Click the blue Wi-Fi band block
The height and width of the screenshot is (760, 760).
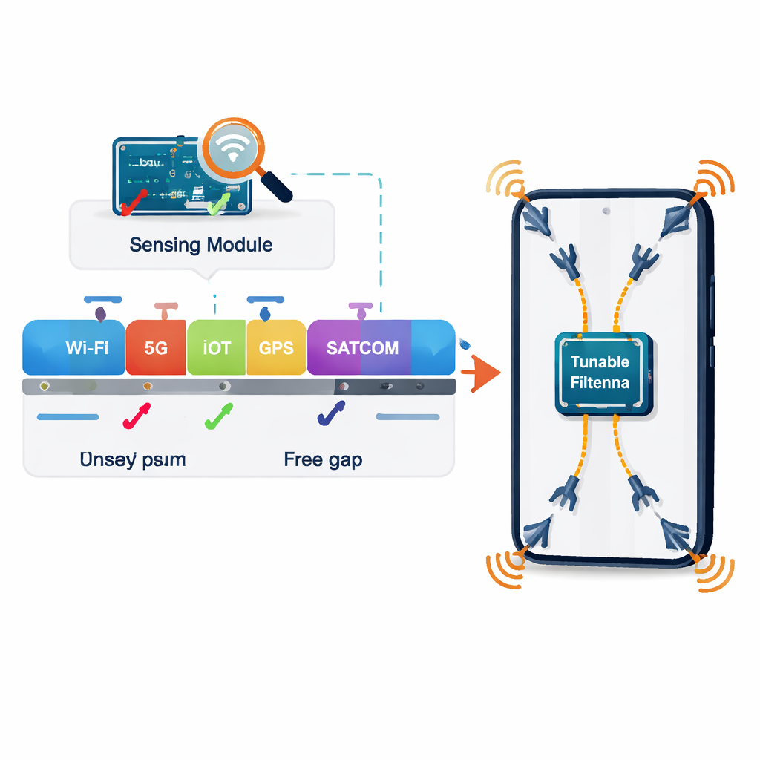click(x=74, y=347)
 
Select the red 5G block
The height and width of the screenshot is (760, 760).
click(x=156, y=347)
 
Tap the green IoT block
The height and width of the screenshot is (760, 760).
click(x=216, y=347)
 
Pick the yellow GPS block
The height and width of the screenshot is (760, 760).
click(x=275, y=347)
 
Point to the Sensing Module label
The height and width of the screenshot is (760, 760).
click(x=201, y=244)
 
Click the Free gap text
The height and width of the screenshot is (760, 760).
click(x=323, y=460)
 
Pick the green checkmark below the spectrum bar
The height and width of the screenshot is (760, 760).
click(x=218, y=417)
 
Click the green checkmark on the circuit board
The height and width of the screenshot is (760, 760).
click(x=217, y=206)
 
